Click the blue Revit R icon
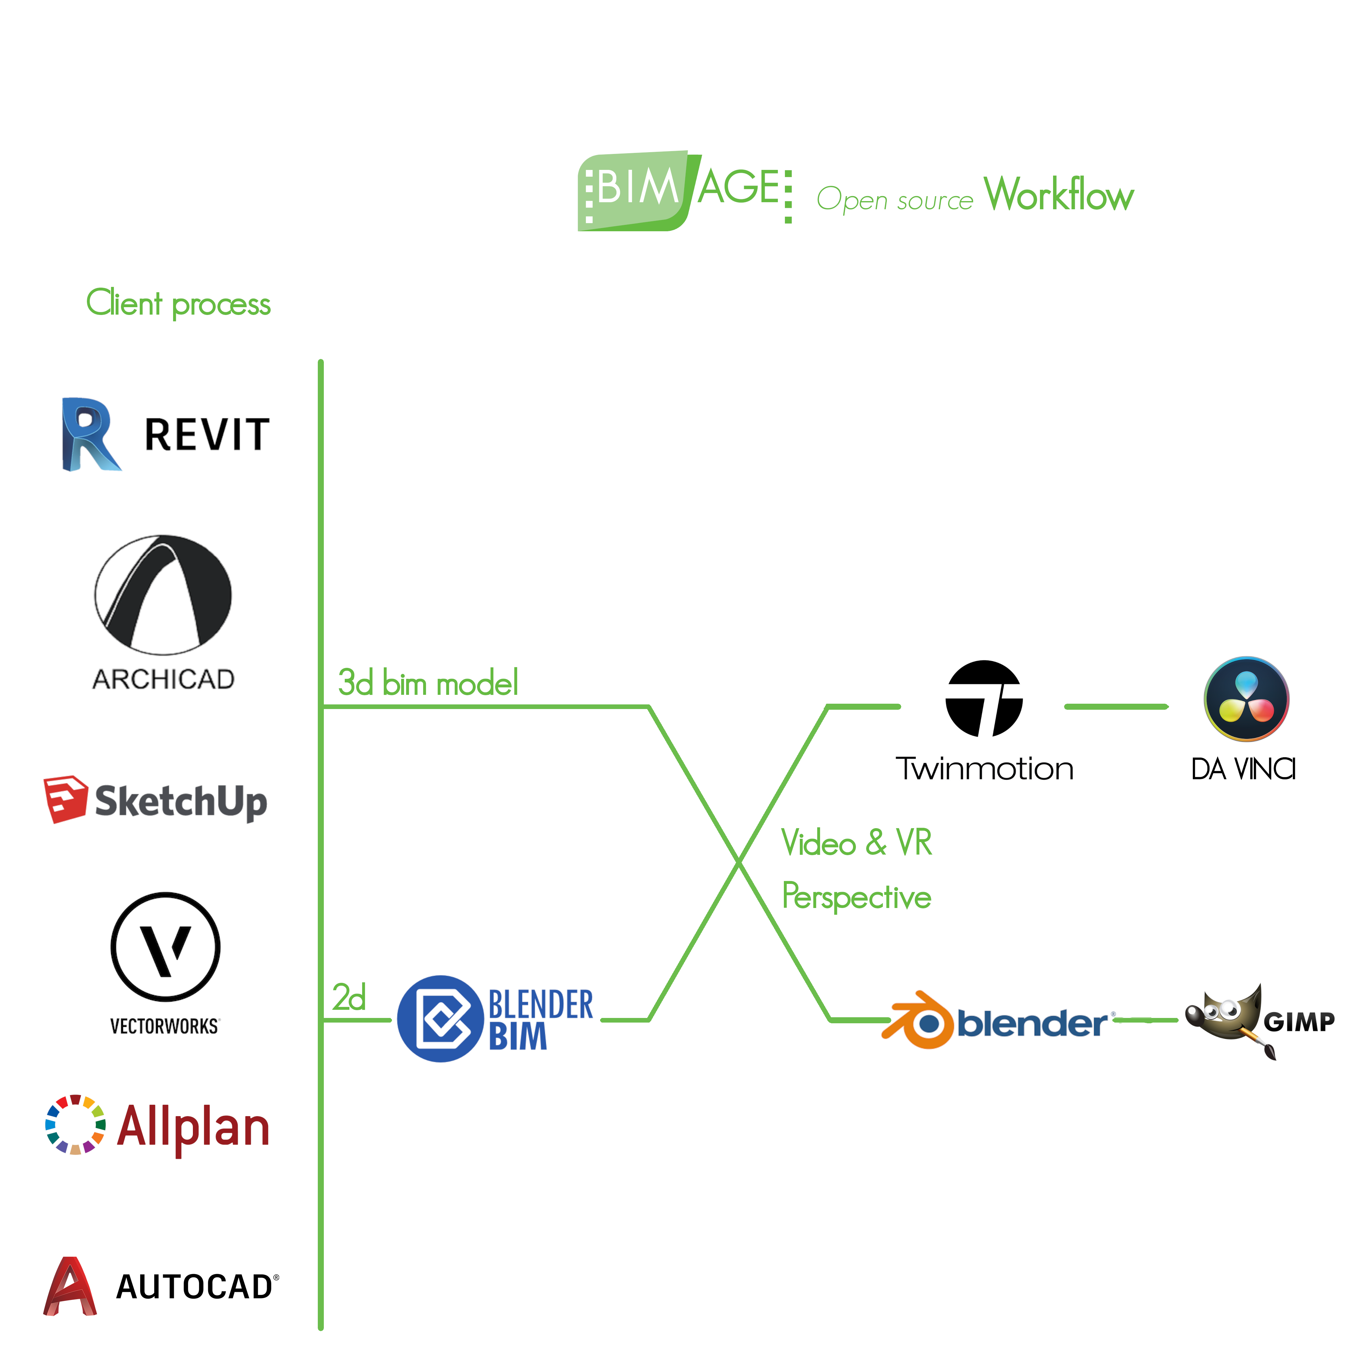click(89, 435)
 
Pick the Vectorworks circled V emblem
click(166, 947)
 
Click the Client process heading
click(178, 304)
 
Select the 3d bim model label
click(428, 683)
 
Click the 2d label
click(349, 997)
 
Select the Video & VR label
click(857, 842)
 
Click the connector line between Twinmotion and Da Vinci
click(1116, 707)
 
